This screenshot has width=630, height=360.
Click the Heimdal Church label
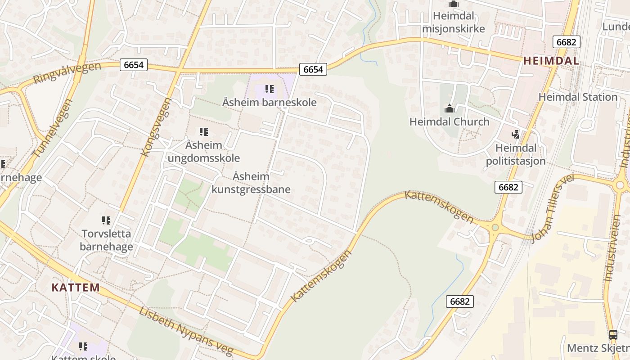pyautogui.click(x=449, y=121)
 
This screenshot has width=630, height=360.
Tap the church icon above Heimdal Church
pyautogui.click(x=449, y=108)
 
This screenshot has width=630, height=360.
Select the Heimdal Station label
pyautogui.click(x=578, y=97)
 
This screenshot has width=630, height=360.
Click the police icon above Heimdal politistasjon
pyautogui.click(x=515, y=134)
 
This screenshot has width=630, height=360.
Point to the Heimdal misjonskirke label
pyautogui.click(x=453, y=22)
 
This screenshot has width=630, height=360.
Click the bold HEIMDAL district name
pyautogui.click(x=551, y=61)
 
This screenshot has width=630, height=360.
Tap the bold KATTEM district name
pyautogui.click(x=76, y=288)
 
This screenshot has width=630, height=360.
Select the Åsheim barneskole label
pyautogui.click(x=269, y=102)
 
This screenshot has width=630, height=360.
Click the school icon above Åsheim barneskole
pyautogui.click(x=269, y=89)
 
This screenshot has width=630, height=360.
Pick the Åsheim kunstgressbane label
pyautogui.click(x=251, y=183)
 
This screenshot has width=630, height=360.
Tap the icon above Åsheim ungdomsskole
pyautogui.click(x=203, y=132)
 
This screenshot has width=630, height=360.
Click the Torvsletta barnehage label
pyautogui.click(x=106, y=240)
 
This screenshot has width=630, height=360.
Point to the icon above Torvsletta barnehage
pyautogui.click(x=106, y=220)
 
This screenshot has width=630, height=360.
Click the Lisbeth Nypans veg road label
pyautogui.click(x=186, y=331)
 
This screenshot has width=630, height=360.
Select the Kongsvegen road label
pyautogui.click(x=156, y=127)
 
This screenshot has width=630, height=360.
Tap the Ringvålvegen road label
pyautogui.click(x=67, y=73)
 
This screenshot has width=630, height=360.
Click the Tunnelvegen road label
pyautogui.click(x=53, y=129)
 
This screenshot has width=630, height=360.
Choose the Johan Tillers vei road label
pyautogui.click(x=553, y=208)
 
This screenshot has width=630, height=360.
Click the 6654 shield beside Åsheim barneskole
pyautogui.click(x=313, y=69)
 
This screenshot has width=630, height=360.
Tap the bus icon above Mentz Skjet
pyautogui.click(x=613, y=334)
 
